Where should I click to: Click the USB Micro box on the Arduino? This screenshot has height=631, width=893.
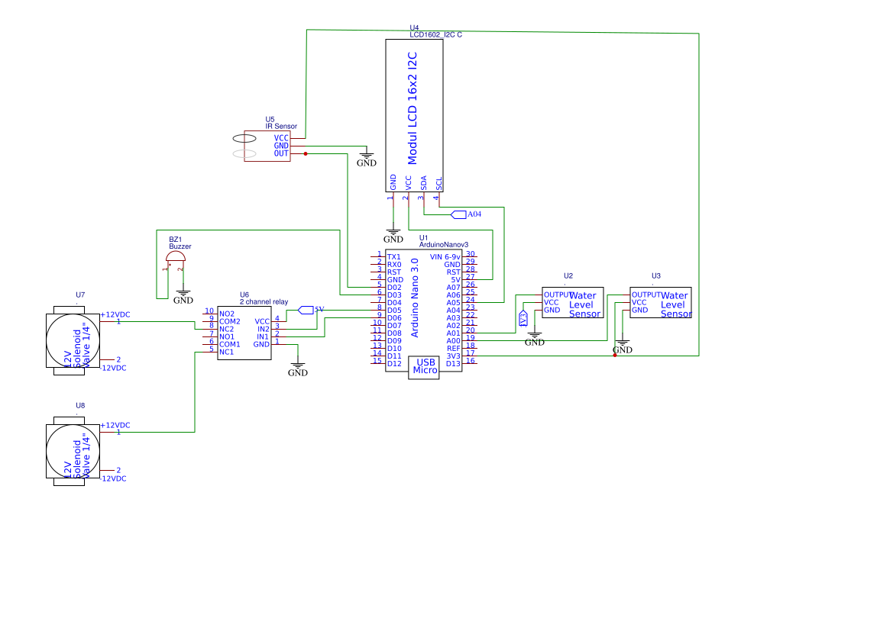pyautogui.click(x=425, y=367)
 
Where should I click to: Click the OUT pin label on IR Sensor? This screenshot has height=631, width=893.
pyautogui.click(x=281, y=153)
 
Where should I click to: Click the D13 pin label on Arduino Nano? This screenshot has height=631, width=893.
pyautogui.click(x=454, y=364)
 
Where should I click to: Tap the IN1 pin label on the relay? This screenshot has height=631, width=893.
pyautogui.click(x=262, y=336)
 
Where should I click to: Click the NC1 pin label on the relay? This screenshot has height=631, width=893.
pyautogui.click(x=226, y=352)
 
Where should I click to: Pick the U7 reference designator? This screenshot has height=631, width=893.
pyautogui.click(x=80, y=295)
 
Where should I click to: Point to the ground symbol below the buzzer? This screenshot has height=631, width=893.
pyautogui.click(x=183, y=296)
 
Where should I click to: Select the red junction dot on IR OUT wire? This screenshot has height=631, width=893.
pyautogui.click(x=306, y=153)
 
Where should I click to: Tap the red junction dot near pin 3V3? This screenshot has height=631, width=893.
pyautogui.click(x=615, y=356)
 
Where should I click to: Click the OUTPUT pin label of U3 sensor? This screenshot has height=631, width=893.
pyautogui.click(x=645, y=295)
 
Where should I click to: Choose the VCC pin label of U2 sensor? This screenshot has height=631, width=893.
pyautogui.click(x=552, y=302)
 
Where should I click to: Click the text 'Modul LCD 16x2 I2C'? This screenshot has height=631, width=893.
pyautogui.click(x=413, y=108)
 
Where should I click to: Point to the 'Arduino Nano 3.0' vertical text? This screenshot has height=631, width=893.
pyautogui.click(x=415, y=298)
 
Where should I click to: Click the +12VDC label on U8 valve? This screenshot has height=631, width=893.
pyautogui.click(x=115, y=425)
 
